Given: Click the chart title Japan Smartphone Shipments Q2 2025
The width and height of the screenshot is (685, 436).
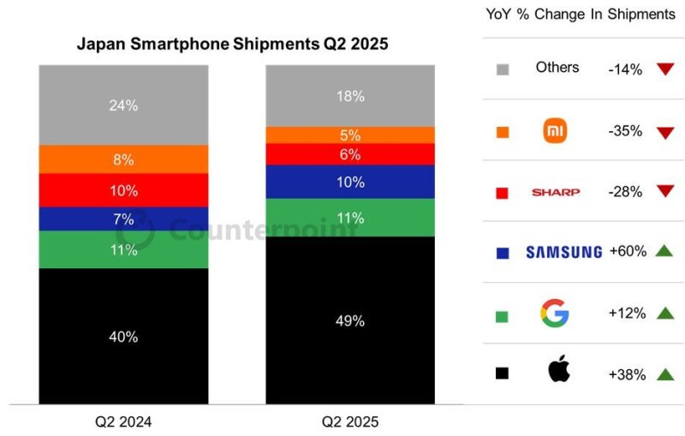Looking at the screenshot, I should [233, 44].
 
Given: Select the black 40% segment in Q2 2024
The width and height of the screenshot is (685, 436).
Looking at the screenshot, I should [123, 336].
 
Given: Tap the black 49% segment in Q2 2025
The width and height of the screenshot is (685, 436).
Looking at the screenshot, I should [350, 320].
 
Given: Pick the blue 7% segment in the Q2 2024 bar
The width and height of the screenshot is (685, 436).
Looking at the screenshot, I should [123, 219].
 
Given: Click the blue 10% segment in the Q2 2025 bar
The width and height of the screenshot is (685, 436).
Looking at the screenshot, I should [350, 182].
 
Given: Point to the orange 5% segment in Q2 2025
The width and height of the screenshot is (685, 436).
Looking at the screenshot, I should [350, 134].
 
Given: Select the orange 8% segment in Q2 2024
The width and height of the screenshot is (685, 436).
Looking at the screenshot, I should [123, 159].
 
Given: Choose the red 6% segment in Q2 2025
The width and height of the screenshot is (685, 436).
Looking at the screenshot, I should [350, 154].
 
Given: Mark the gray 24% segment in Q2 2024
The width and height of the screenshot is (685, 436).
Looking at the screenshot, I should [123, 105].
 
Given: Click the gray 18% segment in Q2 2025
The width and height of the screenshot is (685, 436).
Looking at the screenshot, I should [350, 96].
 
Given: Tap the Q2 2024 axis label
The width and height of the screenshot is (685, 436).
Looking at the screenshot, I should [123, 421].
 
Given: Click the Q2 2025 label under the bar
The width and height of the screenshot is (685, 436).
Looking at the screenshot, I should [350, 421].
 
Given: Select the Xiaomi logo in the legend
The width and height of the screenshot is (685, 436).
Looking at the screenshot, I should [557, 131].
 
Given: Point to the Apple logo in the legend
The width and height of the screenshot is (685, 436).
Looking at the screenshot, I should [558, 372].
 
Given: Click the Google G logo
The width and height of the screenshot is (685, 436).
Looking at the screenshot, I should [555, 313].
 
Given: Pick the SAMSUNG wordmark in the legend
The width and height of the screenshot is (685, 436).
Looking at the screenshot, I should [563, 252].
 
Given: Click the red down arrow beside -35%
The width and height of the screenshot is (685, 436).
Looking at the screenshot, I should [664, 132].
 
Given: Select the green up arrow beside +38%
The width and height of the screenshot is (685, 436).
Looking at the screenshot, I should [664, 373].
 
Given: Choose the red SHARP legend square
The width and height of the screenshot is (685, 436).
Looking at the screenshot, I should [503, 193].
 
